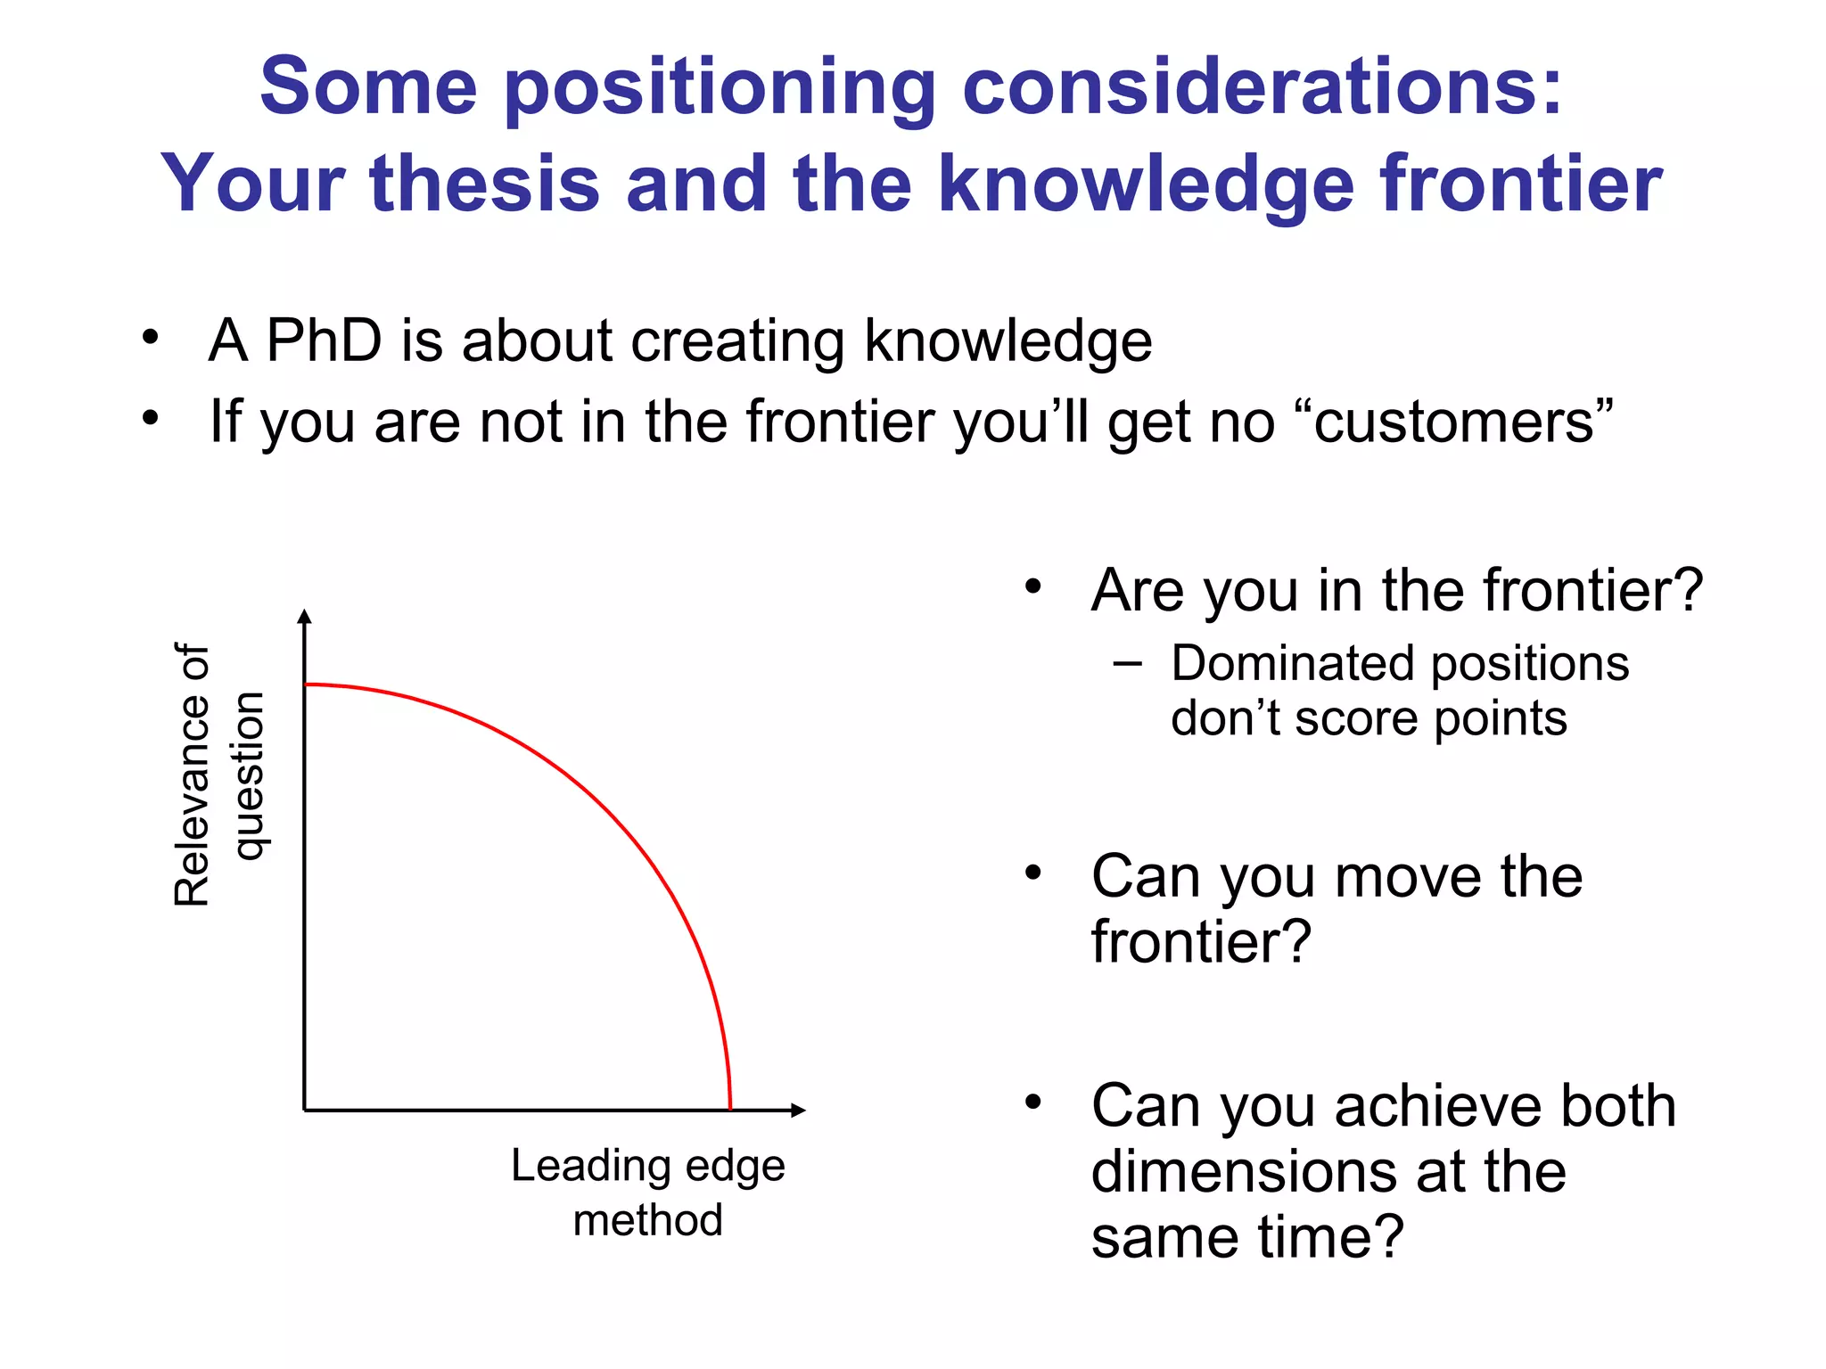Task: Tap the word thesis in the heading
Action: click(485, 184)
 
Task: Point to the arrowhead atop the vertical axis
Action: click(304, 616)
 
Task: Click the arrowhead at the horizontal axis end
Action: click(799, 1110)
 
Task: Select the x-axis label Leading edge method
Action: click(648, 1193)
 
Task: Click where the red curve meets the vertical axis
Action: click(306, 684)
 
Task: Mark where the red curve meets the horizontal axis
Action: click(730, 1109)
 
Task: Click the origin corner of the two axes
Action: click(305, 1110)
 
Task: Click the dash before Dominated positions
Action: click(1127, 663)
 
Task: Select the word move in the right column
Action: click(1410, 877)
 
